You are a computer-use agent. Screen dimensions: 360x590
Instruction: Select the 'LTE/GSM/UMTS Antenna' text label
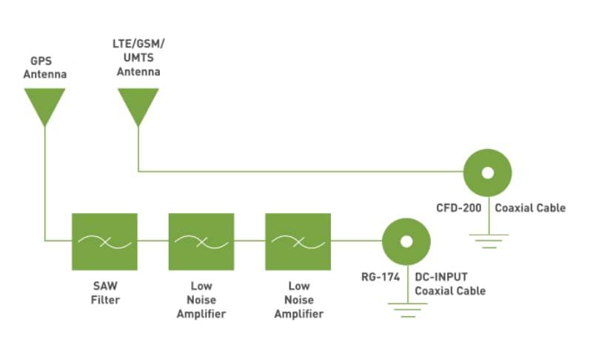click(x=133, y=59)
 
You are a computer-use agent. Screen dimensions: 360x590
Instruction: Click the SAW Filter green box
click(x=104, y=241)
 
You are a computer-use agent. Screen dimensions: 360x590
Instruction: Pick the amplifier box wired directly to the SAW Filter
click(x=201, y=241)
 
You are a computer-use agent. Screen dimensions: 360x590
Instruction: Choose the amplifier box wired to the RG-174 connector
click(x=298, y=241)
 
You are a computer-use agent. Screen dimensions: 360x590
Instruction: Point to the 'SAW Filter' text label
click(x=104, y=293)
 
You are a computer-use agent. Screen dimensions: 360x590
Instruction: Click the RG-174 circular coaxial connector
click(x=406, y=241)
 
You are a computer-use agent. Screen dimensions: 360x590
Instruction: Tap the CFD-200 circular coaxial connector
click(x=487, y=173)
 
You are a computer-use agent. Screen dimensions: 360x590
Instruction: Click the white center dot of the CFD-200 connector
click(x=487, y=173)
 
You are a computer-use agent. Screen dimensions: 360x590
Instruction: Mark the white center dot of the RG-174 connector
click(x=406, y=241)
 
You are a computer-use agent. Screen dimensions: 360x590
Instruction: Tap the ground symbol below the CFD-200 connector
click(x=487, y=240)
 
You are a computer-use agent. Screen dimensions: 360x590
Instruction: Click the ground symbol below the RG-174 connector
click(x=406, y=310)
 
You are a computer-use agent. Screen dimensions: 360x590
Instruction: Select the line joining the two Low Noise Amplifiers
click(x=249, y=241)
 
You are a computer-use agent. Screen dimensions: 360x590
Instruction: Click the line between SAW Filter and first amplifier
click(x=152, y=241)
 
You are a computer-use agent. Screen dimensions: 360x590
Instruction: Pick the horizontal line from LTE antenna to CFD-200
click(x=296, y=172)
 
